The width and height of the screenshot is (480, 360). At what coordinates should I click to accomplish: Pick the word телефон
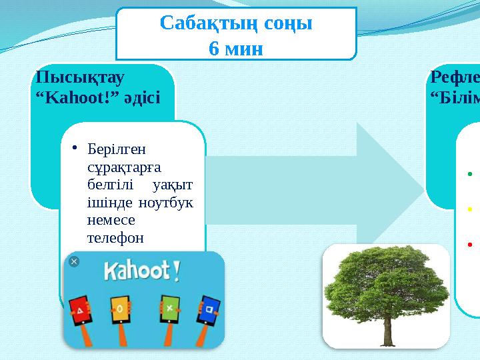pos(114,237)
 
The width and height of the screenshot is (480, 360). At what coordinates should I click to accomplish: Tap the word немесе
pos(111,219)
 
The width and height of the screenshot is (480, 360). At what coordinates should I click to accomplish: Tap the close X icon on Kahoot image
pos(74,261)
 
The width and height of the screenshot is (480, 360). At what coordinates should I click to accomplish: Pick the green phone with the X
pos(169,309)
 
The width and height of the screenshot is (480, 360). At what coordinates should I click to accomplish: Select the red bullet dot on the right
pos(469,243)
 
